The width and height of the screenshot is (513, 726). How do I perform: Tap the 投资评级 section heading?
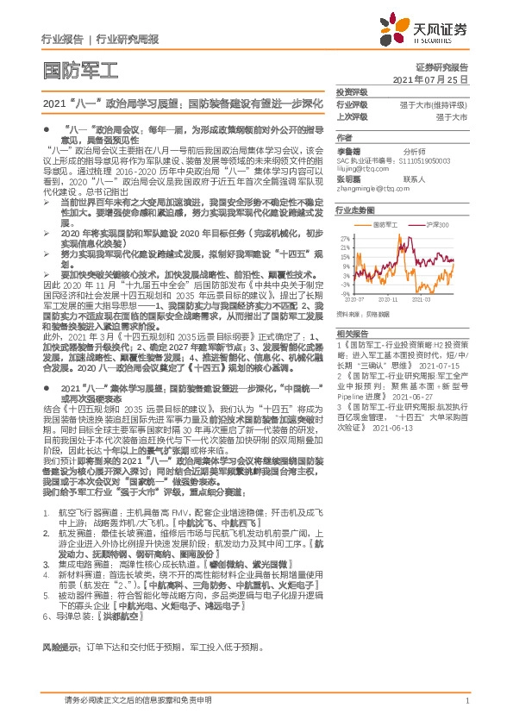pyautogui.click(x=352, y=91)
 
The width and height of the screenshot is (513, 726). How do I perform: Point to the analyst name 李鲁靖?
pyautogui.click(x=349, y=150)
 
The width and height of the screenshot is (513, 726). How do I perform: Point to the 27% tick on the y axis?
pyautogui.click(x=344, y=237)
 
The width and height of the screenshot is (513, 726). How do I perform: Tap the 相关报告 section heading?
pyautogui.click(x=352, y=333)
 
